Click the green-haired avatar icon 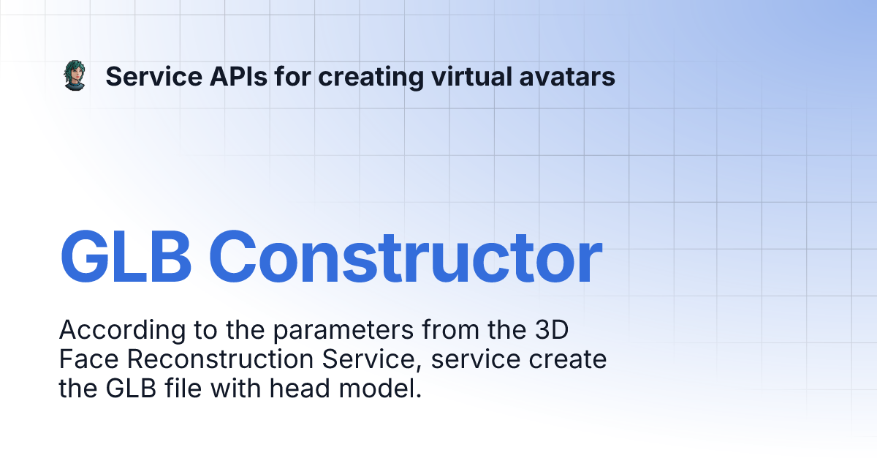click(x=74, y=76)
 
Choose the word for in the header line click(x=293, y=76)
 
